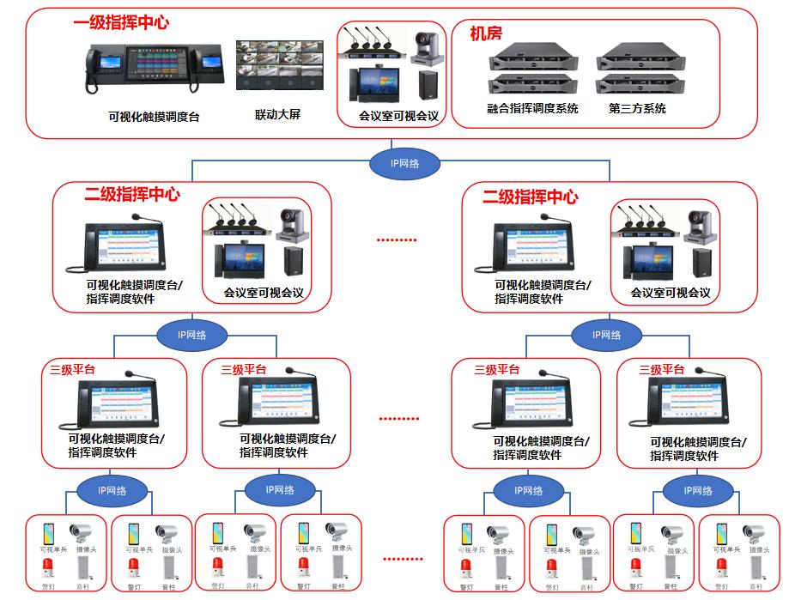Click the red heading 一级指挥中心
(x=120, y=23)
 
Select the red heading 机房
(x=486, y=33)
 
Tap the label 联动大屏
(x=278, y=114)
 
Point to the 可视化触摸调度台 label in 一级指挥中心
(x=154, y=117)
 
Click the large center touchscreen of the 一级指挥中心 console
(x=158, y=68)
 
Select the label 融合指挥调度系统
(x=532, y=109)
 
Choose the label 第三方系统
(x=637, y=109)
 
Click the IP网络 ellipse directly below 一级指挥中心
(x=405, y=163)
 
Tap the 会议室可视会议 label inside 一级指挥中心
(x=398, y=115)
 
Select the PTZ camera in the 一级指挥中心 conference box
(x=427, y=48)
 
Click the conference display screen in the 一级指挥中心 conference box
(x=377, y=82)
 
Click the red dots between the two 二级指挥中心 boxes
(x=396, y=241)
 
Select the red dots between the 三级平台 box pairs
(x=400, y=419)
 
